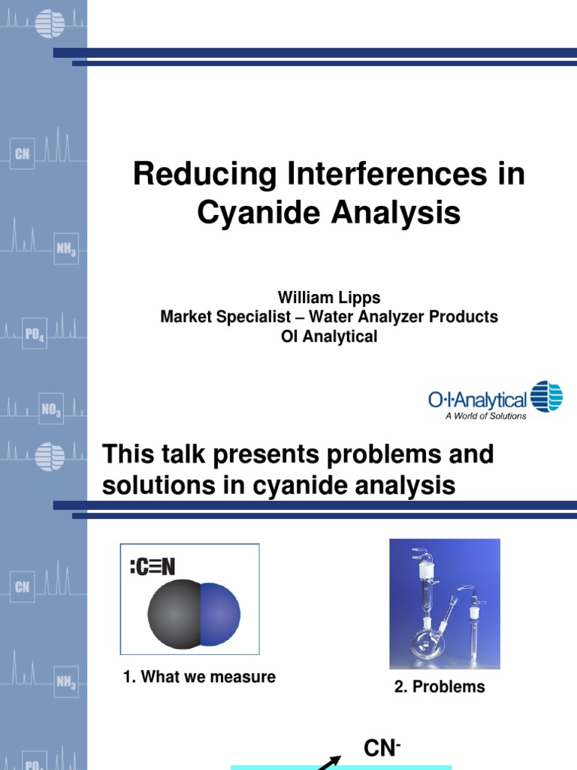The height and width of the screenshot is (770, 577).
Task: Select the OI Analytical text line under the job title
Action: tap(328, 337)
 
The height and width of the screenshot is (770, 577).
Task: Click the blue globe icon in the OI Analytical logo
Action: tap(546, 397)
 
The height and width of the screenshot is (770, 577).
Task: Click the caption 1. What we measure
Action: tap(199, 677)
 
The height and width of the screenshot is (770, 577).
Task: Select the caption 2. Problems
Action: tap(440, 687)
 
